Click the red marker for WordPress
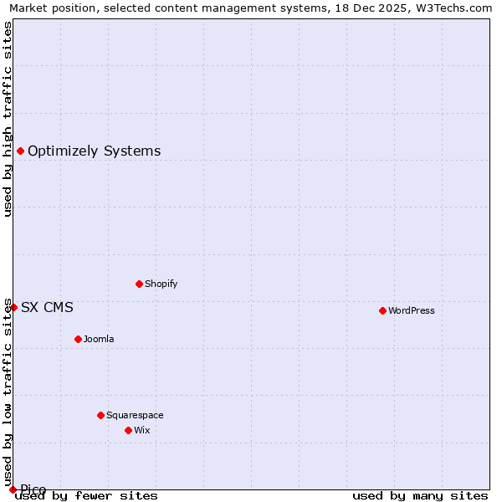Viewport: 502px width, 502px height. tap(382, 310)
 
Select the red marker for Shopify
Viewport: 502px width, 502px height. tap(139, 284)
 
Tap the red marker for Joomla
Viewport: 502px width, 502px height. tap(78, 339)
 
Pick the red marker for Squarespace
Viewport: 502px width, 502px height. tap(100, 415)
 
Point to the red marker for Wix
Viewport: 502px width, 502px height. tap(128, 430)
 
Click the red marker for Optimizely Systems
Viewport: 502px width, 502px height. tap(20, 151)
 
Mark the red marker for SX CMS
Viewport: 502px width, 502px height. tap(13, 307)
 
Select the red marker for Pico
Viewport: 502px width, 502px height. tap(13, 489)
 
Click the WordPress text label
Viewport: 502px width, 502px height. tap(412, 310)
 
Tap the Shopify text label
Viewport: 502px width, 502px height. tap(161, 284)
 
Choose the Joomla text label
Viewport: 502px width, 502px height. tap(99, 339)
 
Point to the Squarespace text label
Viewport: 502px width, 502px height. tap(135, 415)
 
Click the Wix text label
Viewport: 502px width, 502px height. tap(142, 430)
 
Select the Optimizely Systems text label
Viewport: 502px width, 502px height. tap(95, 151)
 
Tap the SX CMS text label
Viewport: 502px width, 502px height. tap(47, 307)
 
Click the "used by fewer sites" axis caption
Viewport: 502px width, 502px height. tap(87, 495)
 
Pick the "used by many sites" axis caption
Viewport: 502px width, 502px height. tap(420, 495)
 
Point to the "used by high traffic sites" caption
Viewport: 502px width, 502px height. tap(8, 120)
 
